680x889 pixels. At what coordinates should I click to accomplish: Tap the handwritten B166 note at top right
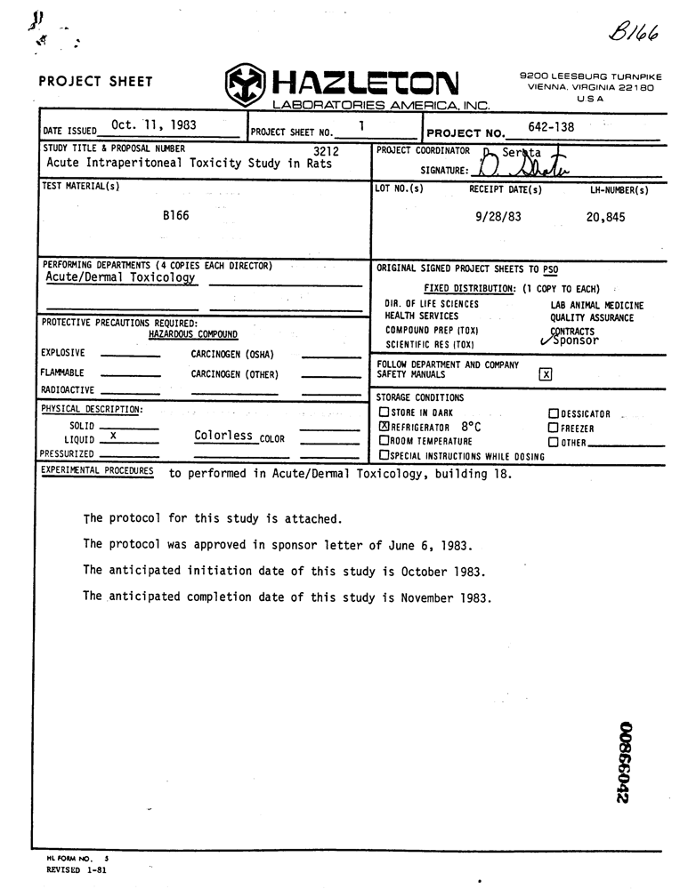tap(634, 32)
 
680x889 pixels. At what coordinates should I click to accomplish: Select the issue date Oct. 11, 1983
tap(154, 125)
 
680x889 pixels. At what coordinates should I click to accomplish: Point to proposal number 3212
tap(327, 151)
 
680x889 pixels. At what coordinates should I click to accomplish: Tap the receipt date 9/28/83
tap(498, 216)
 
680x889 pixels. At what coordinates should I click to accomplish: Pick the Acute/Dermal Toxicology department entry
tap(120, 276)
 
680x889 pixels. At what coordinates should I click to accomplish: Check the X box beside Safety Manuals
tap(546, 374)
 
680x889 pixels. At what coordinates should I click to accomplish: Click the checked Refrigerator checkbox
tap(385, 427)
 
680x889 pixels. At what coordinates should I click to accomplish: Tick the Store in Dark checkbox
tap(385, 412)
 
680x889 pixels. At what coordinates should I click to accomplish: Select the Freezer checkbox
tap(553, 428)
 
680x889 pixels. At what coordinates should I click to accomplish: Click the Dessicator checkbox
tap(553, 413)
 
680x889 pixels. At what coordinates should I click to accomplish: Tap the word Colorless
tap(223, 436)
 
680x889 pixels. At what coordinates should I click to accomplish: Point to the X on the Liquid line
tap(112, 436)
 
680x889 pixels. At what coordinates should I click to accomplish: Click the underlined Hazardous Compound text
tap(193, 334)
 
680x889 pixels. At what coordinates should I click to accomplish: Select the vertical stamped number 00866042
tap(623, 762)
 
